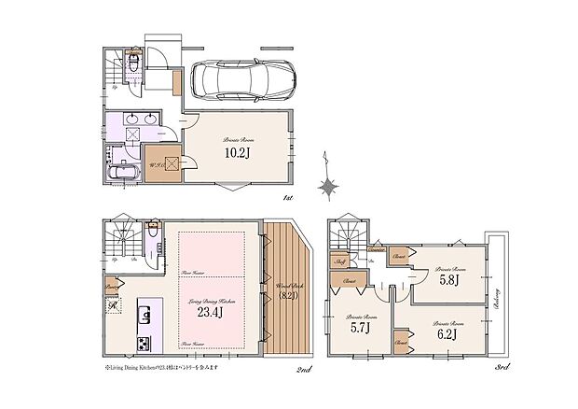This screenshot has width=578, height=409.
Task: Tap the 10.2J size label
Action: [234, 152]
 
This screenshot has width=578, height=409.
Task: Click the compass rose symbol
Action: [328, 187]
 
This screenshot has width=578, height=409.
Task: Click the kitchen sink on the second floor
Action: [145, 309]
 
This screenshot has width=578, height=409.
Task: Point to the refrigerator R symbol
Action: [113, 307]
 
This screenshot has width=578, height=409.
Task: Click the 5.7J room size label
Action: [361, 327]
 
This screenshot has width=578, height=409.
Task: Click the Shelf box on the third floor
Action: [341, 263]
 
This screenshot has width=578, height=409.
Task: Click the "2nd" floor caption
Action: [304, 372]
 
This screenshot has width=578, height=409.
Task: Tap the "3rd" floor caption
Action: [503, 372]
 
